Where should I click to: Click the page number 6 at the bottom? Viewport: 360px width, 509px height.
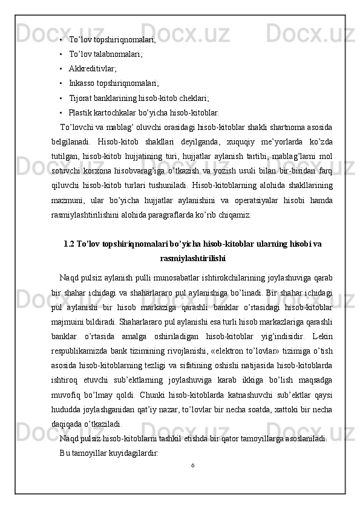pos(192,482)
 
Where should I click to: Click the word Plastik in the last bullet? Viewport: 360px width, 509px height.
pos(81,112)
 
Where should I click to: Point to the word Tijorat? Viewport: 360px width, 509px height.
pos(81,97)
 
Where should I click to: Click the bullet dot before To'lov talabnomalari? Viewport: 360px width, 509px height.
pos(62,54)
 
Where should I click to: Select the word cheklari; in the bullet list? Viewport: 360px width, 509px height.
pos(194,97)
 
